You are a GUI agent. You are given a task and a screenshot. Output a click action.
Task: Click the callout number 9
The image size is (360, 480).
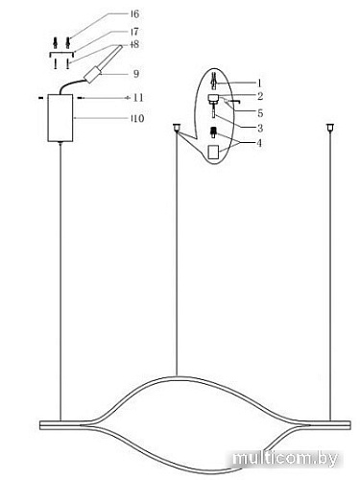pos(136,74)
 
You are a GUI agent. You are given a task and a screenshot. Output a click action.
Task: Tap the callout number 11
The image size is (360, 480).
pos(138,97)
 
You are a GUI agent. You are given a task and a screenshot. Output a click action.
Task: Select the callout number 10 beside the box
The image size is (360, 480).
pos(138,118)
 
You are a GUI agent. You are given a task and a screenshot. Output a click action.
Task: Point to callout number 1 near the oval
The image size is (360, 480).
pos(259,84)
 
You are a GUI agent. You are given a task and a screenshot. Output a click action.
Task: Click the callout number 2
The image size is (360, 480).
pos(260,96)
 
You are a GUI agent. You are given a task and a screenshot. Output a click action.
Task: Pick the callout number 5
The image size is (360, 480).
pos(260,113)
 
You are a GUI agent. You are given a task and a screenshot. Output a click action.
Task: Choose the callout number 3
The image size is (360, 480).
pos(260,129)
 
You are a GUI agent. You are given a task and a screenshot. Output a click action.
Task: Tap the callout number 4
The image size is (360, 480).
pos(259,143)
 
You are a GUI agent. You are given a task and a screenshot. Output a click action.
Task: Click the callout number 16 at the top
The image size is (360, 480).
pos(134,14)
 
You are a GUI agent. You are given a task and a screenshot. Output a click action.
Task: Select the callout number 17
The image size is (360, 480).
pos(134,32)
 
